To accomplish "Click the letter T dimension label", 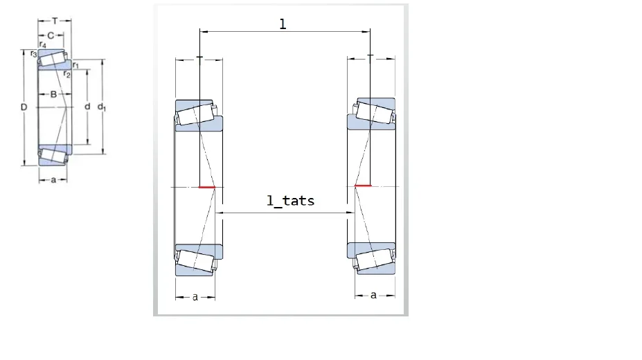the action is (55, 21).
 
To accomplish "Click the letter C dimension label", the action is (51, 35).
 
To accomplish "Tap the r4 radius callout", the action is (42, 44).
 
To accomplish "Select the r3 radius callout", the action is (33, 53).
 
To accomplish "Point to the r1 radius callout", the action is (75, 65).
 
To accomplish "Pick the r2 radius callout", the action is (67, 74).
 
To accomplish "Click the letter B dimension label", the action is (53, 94).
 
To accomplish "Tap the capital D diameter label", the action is (24, 107).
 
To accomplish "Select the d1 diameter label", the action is (101, 107).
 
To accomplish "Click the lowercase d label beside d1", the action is (87, 107).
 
